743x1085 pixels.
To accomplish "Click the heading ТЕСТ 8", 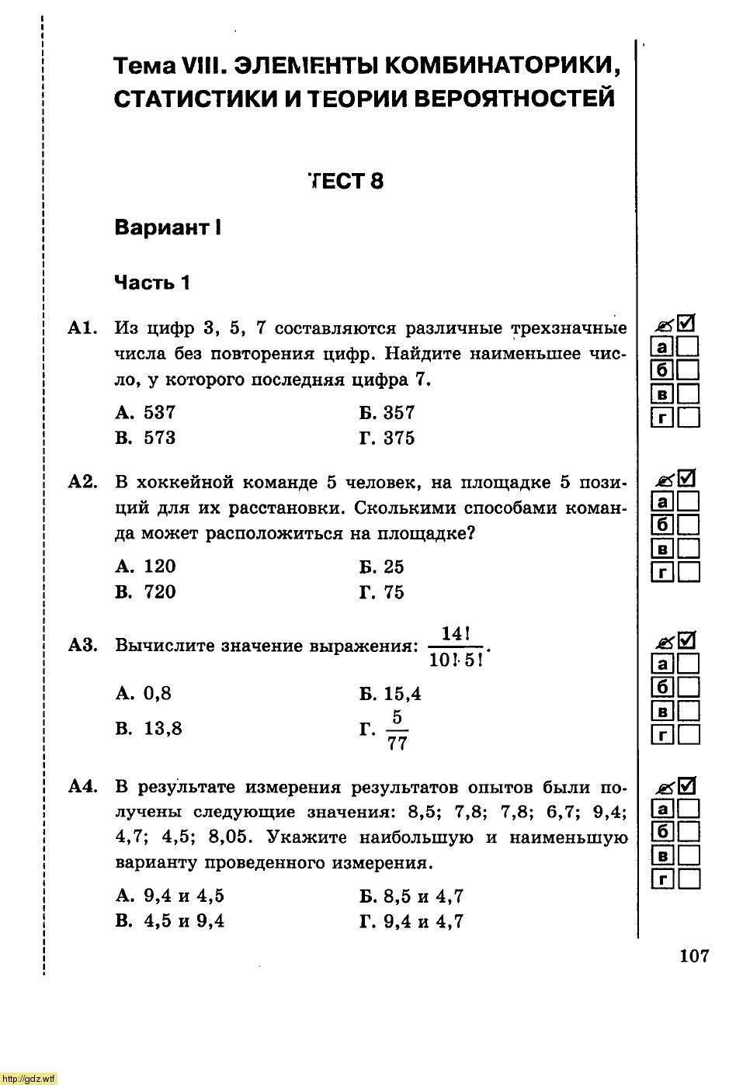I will (x=346, y=181).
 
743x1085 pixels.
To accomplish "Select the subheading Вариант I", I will (x=168, y=227).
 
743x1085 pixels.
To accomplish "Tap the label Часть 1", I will (x=152, y=283).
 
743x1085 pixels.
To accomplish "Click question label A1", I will (x=82, y=328).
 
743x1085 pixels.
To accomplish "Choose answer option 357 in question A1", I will (x=388, y=412).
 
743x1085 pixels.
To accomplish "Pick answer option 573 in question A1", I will (x=146, y=438).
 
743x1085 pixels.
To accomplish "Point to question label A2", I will (x=82, y=482).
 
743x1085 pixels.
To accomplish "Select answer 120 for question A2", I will (x=146, y=566).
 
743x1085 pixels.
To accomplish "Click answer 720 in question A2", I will (x=146, y=591).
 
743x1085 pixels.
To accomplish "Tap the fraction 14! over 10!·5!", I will (x=456, y=646).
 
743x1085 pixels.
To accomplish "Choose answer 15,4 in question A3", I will (x=391, y=693).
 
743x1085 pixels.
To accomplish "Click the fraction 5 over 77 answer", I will (x=396, y=730).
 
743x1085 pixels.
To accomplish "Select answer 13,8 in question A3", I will (x=149, y=728).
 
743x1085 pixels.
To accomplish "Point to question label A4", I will (x=82, y=787).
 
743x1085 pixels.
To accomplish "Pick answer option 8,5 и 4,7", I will (x=412, y=896).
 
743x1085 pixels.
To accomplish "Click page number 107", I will (x=694, y=955).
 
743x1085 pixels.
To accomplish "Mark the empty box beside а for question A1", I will (x=688, y=346).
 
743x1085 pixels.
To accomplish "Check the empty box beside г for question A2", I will (x=688, y=573).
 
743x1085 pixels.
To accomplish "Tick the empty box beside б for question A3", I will (x=688, y=687).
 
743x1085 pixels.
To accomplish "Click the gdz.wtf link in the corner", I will (x=30, y=1078).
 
